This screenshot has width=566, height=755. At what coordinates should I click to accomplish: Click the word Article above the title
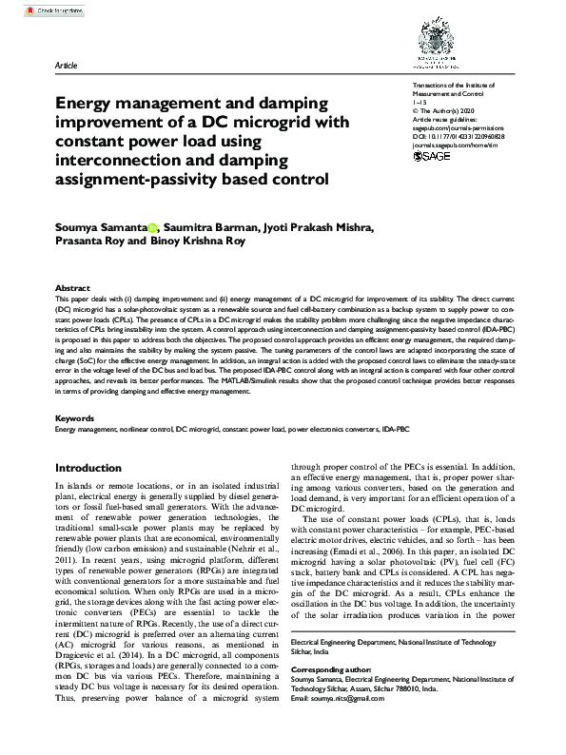[x=68, y=67]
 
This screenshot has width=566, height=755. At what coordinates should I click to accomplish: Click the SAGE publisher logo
[x=435, y=157]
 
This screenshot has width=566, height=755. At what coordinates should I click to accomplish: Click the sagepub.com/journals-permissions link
[x=460, y=128]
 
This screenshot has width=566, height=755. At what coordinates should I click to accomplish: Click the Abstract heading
[x=72, y=287]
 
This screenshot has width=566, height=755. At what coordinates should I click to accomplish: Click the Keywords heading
[x=74, y=418]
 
